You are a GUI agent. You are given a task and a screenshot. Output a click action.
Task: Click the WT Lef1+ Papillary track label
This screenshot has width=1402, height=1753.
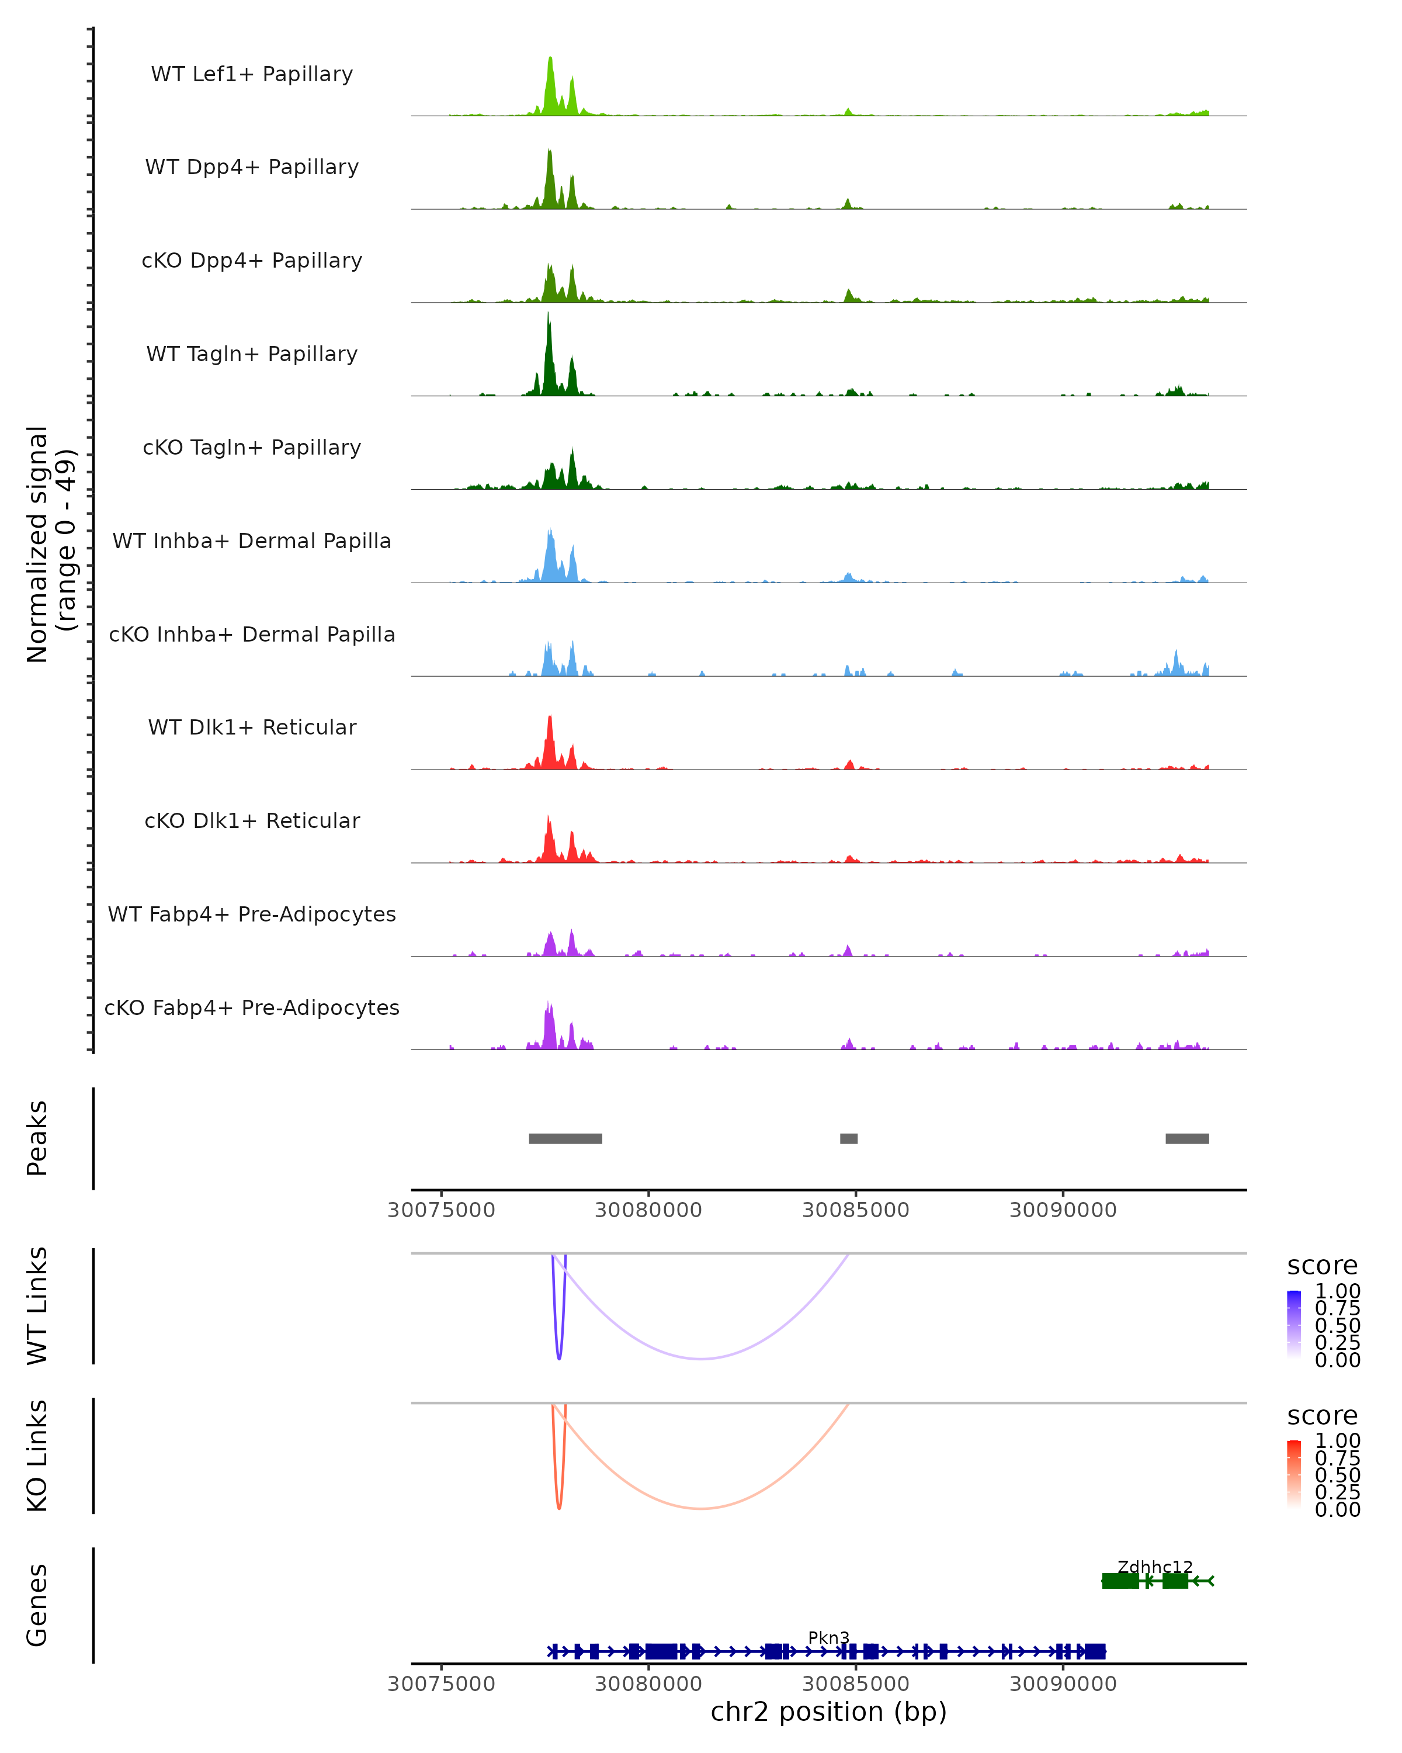click(x=252, y=74)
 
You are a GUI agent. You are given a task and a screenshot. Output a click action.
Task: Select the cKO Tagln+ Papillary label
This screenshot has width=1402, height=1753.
click(x=252, y=447)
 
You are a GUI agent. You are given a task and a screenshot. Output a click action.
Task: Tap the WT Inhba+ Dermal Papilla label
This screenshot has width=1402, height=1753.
click(x=252, y=541)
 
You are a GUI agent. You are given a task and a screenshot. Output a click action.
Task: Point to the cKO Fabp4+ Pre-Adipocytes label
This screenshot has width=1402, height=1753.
click(x=252, y=1007)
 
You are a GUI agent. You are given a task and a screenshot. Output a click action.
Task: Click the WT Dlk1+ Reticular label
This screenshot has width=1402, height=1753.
click(x=252, y=727)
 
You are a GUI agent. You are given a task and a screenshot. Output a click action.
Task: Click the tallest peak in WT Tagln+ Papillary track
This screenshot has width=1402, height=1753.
click(x=548, y=317)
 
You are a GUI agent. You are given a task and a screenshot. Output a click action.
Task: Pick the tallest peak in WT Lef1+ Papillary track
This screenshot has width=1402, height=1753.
click(x=550, y=60)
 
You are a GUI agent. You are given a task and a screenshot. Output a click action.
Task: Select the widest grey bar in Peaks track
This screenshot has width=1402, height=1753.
click(x=565, y=1138)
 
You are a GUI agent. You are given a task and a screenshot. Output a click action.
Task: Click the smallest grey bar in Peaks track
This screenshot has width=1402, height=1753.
click(x=849, y=1138)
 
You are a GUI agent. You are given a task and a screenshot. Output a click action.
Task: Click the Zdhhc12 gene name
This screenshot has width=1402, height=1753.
click(x=1155, y=1567)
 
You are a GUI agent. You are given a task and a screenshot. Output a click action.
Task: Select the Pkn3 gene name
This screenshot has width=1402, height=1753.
click(x=828, y=1637)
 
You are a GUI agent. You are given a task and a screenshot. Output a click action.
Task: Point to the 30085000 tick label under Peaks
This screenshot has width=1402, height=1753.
click(x=855, y=1210)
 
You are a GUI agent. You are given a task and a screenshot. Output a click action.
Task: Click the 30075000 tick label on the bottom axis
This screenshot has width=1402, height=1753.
click(x=441, y=1683)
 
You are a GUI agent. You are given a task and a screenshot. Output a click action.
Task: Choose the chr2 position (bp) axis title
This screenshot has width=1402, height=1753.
click(x=828, y=1712)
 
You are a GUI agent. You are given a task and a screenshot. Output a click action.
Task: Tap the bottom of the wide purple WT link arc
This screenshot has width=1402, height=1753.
click(x=700, y=1359)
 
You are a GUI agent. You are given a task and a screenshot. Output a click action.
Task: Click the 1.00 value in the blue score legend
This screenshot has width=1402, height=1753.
click(x=1337, y=1291)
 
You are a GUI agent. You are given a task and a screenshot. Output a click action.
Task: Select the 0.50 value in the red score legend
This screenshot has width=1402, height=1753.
click(x=1337, y=1475)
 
